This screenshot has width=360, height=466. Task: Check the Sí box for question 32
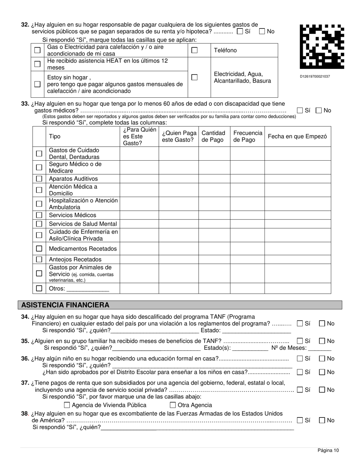tap(239, 32)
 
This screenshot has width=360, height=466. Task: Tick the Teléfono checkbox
tap(194, 50)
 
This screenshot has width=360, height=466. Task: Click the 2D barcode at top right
tap(322, 47)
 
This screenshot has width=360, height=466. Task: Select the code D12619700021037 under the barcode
tap(315, 77)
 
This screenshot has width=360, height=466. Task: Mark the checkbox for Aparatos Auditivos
tap(39, 178)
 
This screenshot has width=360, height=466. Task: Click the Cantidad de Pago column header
tap(213, 136)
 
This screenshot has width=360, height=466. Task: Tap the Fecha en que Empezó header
tap(297, 136)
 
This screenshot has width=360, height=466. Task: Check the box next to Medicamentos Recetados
tap(39, 249)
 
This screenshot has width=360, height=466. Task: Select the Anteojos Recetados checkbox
tap(39, 260)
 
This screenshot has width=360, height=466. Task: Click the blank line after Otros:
tap(88, 289)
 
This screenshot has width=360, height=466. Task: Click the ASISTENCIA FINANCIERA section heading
tap(65, 305)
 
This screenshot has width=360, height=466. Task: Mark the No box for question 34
tap(322, 324)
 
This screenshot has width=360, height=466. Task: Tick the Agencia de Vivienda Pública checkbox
tap(67, 405)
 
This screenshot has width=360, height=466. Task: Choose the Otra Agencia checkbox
tap(173, 405)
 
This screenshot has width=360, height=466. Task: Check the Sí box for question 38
tap(300, 420)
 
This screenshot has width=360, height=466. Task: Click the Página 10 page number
tap(328, 450)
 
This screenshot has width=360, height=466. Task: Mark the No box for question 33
tap(319, 111)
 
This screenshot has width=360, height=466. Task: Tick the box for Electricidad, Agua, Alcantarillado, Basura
tap(194, 77)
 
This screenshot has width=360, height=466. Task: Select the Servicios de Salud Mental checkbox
tap(39, 224)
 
